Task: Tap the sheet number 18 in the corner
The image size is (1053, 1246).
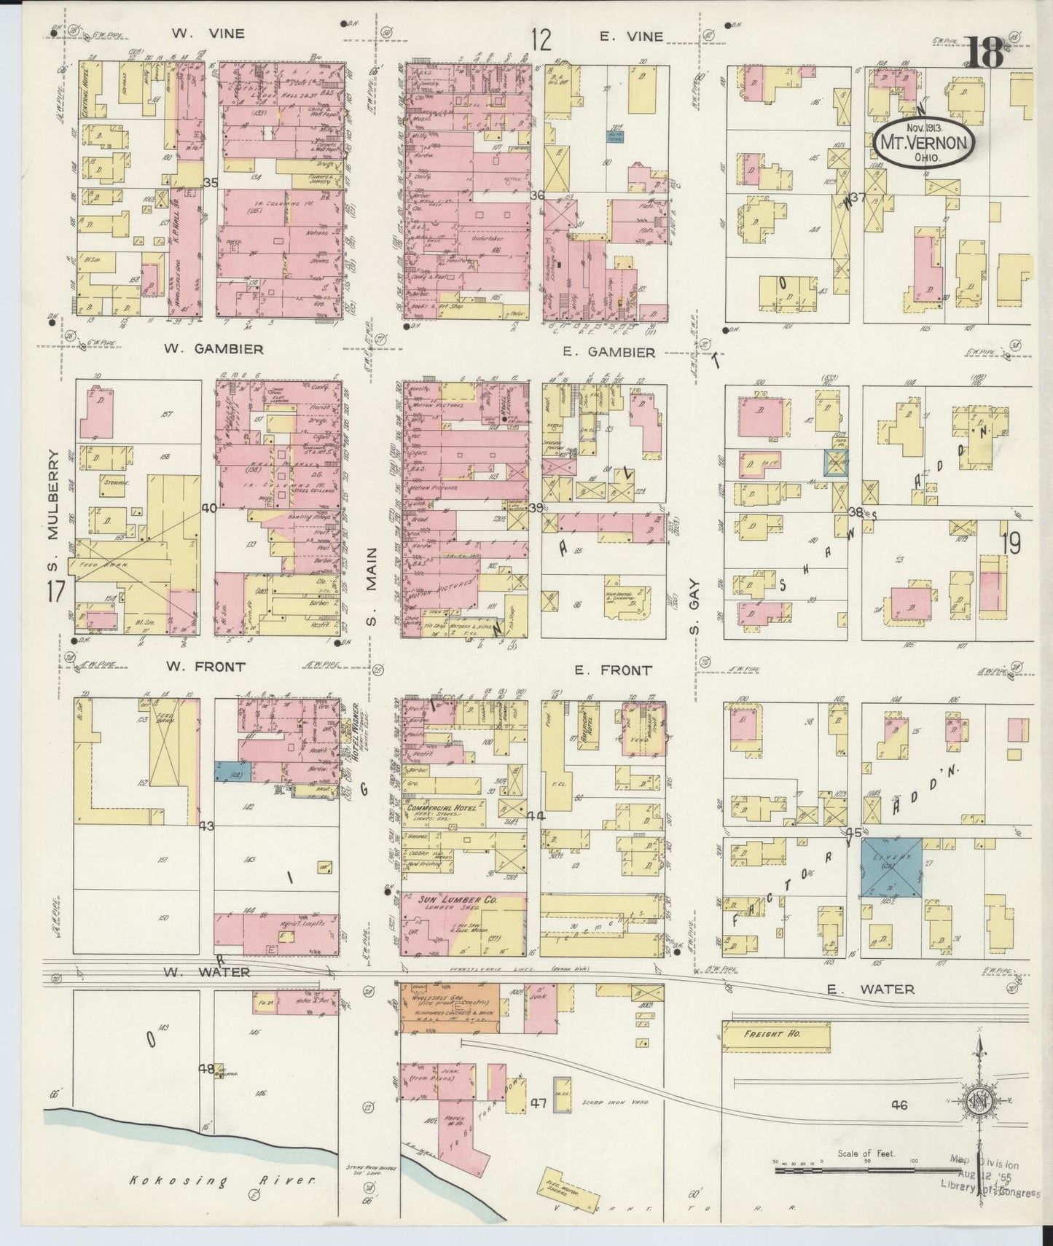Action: tap(986, 52)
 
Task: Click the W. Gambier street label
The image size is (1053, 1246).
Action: tap(214, 349)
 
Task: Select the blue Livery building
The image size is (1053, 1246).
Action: tap(891, 868)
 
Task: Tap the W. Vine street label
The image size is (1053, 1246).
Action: tap(197, 34)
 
